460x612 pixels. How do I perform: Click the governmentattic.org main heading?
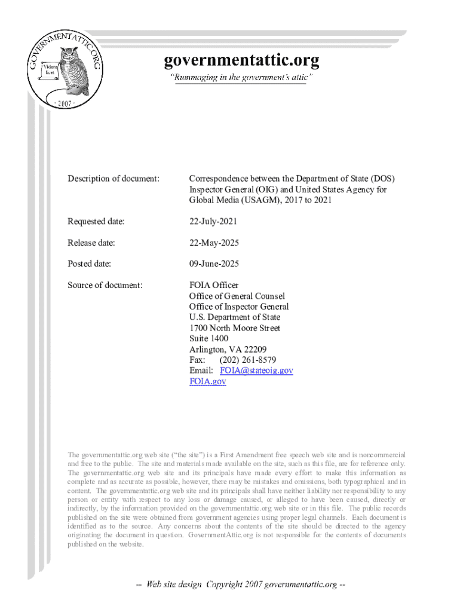[x=241, y=61]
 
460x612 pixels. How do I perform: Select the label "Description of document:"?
[x=114, y=179]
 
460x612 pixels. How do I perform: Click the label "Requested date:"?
[x=96, y=222]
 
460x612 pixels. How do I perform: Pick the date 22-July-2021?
[x=213, y=222]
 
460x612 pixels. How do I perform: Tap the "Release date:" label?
[x=91, y=243]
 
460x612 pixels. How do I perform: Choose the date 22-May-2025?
[x=213, y=243]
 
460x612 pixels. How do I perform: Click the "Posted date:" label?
[x=90, y=264]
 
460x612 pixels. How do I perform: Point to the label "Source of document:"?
[x=105, y=285]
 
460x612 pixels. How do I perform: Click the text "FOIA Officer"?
[x=214, y=285]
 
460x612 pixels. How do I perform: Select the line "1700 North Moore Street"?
[x=235, y=328]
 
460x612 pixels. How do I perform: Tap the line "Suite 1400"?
[x=208, y=339]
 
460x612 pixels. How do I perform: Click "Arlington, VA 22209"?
[x=228, y=350]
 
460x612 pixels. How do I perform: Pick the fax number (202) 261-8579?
[x=247, y=360]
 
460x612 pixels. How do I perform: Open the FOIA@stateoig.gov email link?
[x=256, y=371]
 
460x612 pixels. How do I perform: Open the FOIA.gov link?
[x=207, y=381]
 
